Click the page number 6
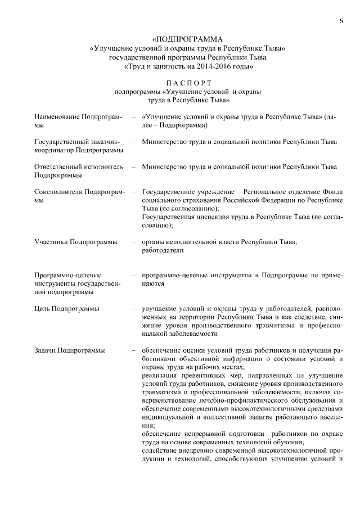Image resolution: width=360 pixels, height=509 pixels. click(x=341, y=21)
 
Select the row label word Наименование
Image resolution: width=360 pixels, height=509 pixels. click(x=56, y=116)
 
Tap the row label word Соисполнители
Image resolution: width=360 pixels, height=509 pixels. click(x=58, y=192)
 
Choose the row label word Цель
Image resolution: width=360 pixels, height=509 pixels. click(x=42, y=309)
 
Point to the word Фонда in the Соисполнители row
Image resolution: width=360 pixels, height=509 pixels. click(x=334, y=192)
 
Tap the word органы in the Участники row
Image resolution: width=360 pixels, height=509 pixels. click(x=153, y=242)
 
